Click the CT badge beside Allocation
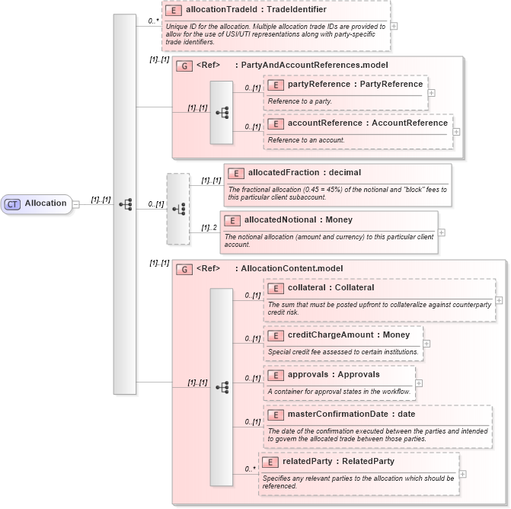pyautogui.click(x=13, y=203)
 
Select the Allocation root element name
pyautogui.click(x=46, y=203)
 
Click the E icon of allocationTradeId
pyautogui.click(x=174, y=11)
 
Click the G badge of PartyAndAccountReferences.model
pyautogui.click(x=184, y=66)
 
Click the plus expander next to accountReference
pyautogui.click(x=456, y=132)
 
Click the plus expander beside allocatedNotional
pyautogui.click(x=441, y=232)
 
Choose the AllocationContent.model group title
pyautogui.click(x=289, y=268)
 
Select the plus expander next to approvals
pyautogui.click(x=419, y=383)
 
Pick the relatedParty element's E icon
pyautogui.click(x=270, y=461)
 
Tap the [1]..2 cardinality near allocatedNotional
pyautogui.click(x=209, y=227)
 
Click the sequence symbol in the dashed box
pyautogui.click(x=178, y=208)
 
